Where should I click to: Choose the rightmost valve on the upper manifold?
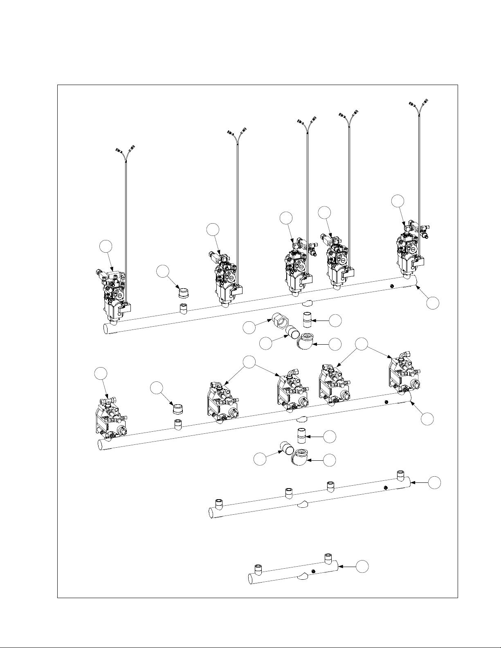409,249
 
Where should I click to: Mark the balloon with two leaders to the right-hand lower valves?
361,344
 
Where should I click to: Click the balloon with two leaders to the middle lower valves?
249,361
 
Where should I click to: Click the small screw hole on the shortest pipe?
313,571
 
